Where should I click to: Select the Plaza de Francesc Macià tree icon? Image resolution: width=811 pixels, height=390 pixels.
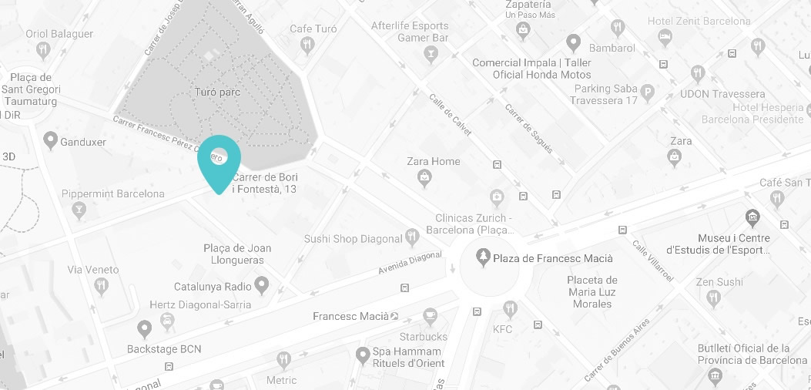pos(483,257)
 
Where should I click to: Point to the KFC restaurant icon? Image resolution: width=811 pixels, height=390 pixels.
pos(509,310)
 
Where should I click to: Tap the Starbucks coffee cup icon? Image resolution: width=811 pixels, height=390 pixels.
pos(431,316)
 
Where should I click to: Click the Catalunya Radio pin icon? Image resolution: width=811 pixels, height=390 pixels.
pos(262,286)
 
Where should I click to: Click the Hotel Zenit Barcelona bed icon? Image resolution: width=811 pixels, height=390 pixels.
pos(664,36)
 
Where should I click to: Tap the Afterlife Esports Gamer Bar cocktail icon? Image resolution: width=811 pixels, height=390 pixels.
pos(431,54)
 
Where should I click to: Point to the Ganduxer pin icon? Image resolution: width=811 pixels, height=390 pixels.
pos(51,141)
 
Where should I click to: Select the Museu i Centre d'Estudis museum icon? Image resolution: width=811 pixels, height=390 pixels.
pos(752,218)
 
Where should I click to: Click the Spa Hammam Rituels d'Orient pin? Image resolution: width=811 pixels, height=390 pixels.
pos(363,356)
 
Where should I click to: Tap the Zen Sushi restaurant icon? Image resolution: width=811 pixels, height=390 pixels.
pos(713,298)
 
